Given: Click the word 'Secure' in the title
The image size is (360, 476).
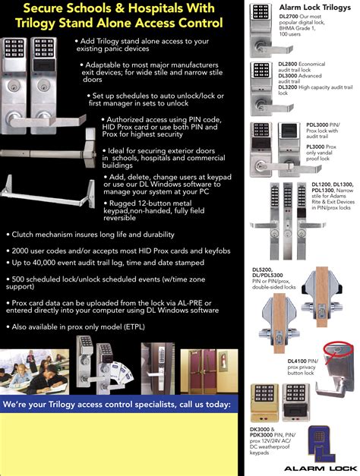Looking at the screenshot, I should [x=47, y=9].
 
